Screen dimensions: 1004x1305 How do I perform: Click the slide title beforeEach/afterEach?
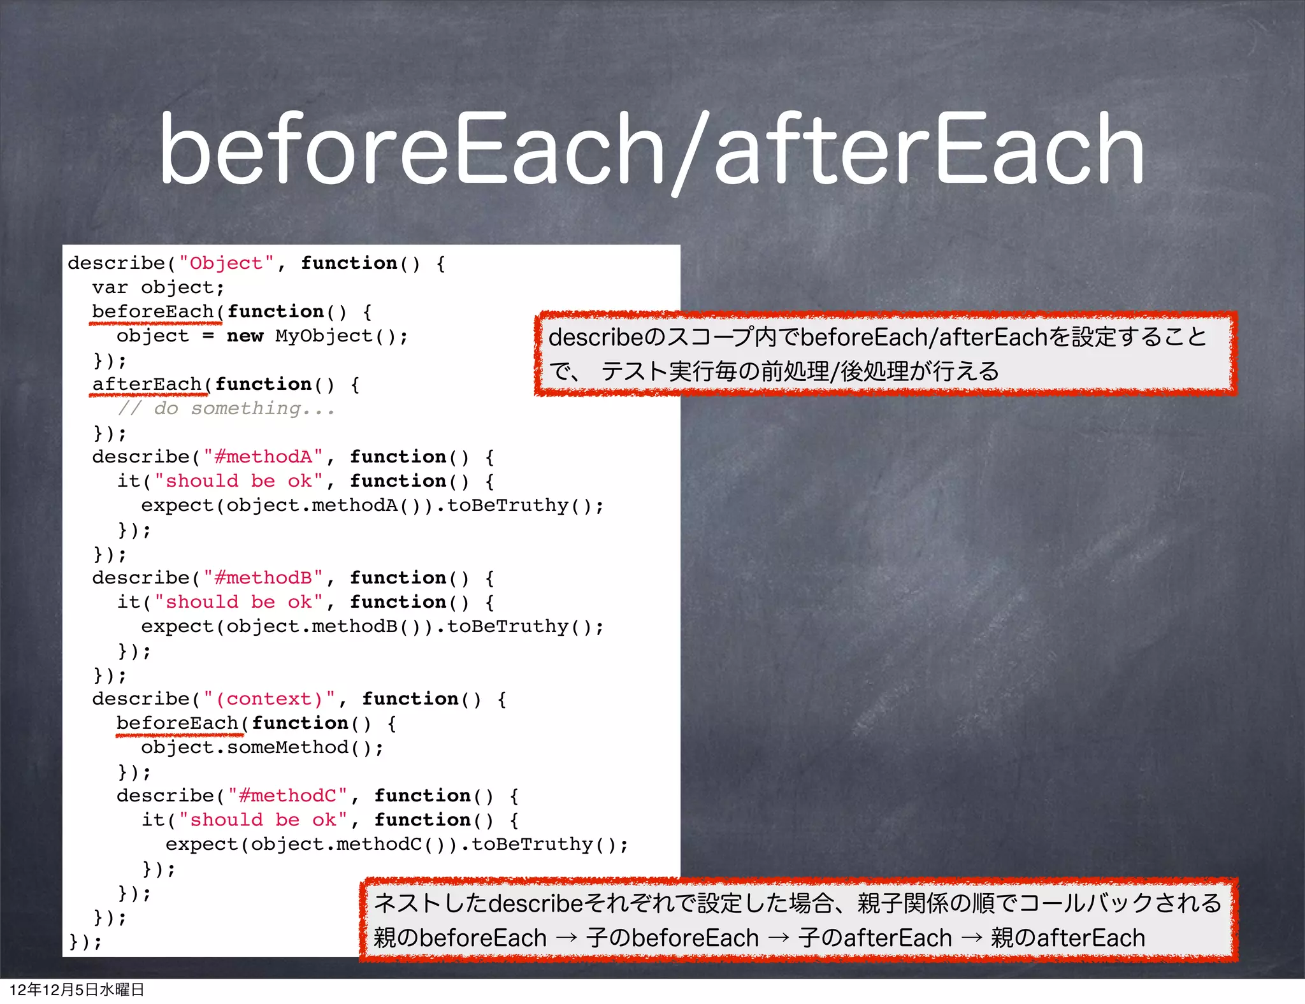pos(651,149)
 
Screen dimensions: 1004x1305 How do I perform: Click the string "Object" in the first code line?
pos(226,263)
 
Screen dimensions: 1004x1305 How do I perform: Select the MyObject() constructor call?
pos(335,336)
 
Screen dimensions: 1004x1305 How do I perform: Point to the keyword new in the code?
pos(245,336)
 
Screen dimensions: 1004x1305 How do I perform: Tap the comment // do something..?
pos(226,408)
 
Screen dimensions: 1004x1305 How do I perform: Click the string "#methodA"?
pos(263,457)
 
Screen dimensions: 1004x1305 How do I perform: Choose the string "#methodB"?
pos(263,578)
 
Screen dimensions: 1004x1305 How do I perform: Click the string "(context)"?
pos(269,699)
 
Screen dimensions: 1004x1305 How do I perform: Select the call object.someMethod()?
pos(262,747)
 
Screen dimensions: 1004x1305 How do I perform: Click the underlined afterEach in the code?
pos(147,385)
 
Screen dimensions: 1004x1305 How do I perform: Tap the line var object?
pos(158,287)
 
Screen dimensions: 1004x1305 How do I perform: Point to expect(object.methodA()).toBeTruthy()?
pos(372,505)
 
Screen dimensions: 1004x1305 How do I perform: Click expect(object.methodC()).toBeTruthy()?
pos(396,844)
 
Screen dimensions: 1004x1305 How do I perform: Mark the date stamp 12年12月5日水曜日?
pos(76,989)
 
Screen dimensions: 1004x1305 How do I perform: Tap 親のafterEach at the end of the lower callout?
pos(1068,938)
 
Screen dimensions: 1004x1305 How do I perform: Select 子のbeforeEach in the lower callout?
pos(673,938)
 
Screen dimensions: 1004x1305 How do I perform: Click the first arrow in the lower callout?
pos(566,938)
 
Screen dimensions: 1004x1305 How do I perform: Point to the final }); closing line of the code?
pos(85,942)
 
